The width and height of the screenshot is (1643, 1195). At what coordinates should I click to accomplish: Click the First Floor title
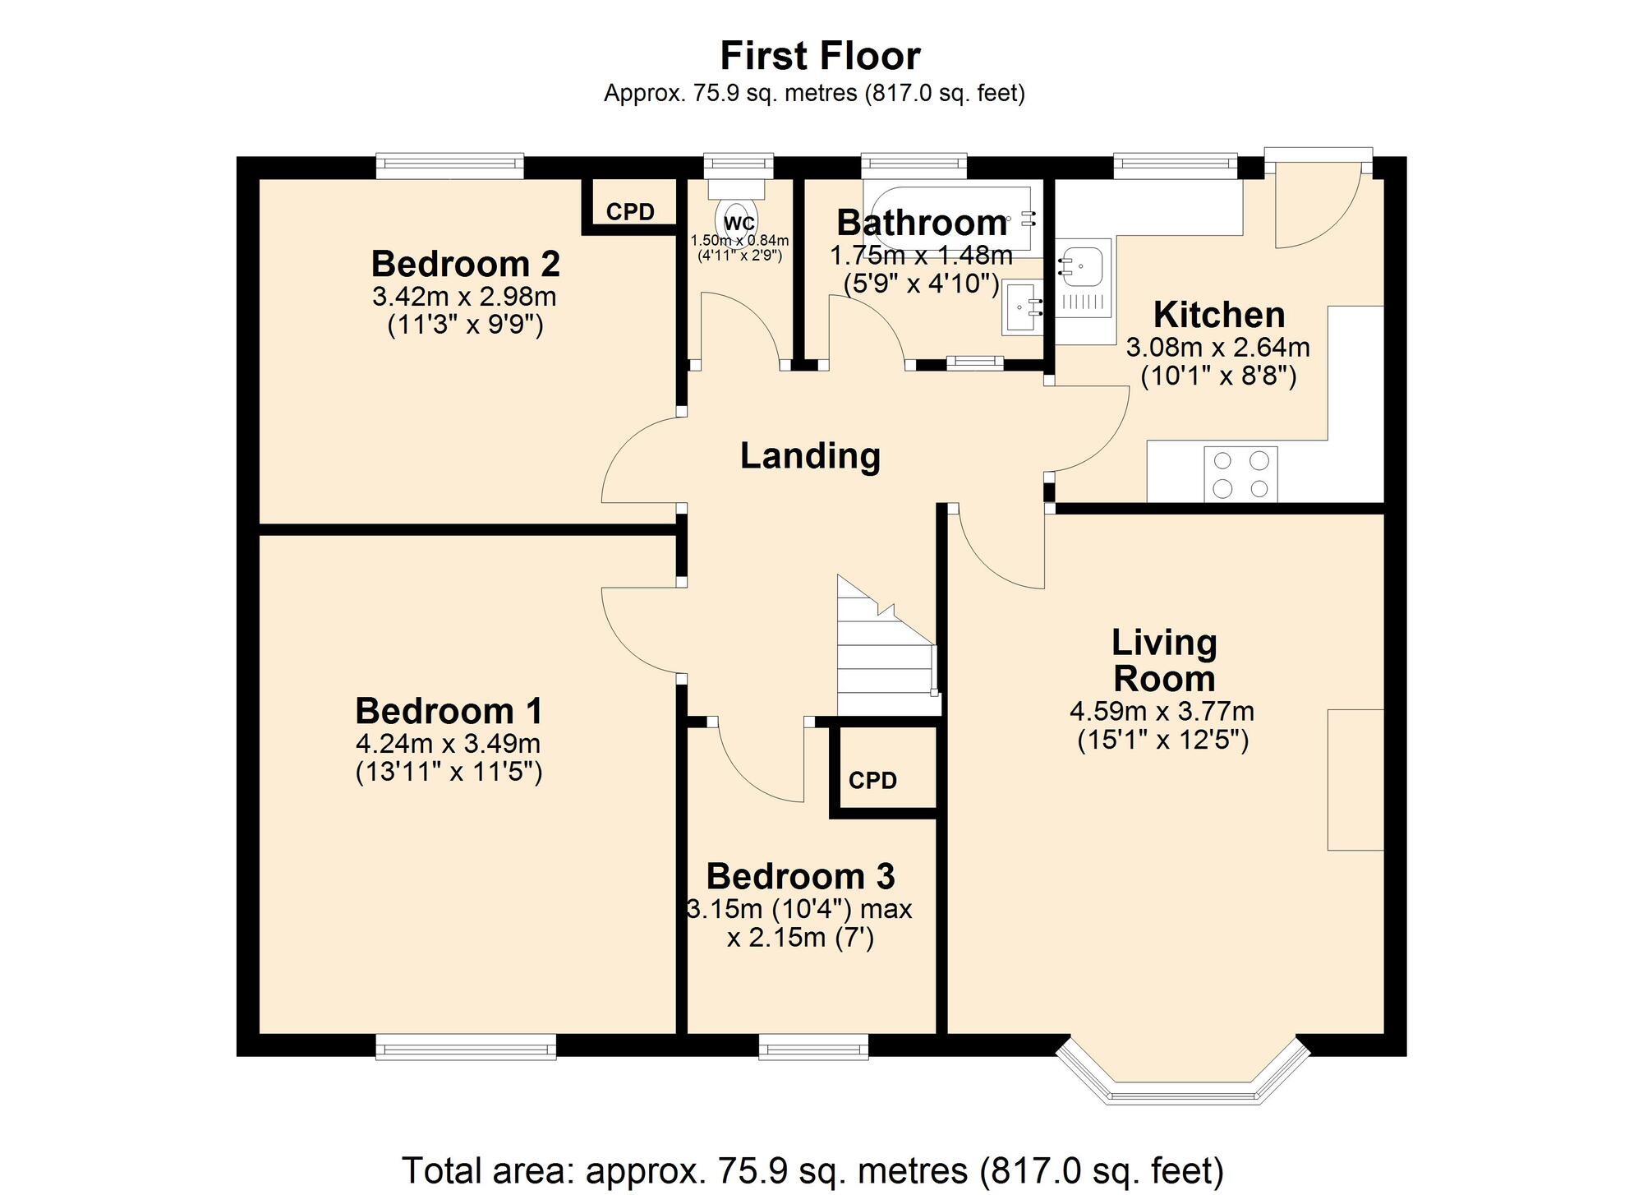(x=820, y=56)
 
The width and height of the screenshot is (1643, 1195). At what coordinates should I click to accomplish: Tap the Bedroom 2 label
(x=465, y=264)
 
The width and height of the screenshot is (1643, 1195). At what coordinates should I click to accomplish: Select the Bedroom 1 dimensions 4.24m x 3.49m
(x=448, y=744)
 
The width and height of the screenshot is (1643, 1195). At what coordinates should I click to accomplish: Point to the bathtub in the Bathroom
(x=950, y=219)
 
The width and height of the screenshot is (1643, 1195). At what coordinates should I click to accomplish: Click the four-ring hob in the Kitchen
(x=1240, y=474)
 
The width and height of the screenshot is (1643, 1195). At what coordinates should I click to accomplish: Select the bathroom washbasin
(x=1023, y=307)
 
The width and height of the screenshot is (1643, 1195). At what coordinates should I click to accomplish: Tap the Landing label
(x=810, y=455)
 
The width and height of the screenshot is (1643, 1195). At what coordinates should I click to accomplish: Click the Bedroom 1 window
(x=466, y=1046)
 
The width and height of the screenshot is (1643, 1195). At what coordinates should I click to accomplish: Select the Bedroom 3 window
(x=813, y=1046)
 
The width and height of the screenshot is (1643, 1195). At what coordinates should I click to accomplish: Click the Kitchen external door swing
(x=1314, y=205)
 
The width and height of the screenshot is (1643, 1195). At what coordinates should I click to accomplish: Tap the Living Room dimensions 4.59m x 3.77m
(x=1162, y=711)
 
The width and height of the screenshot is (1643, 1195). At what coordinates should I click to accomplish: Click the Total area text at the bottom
(x=812, y=1170)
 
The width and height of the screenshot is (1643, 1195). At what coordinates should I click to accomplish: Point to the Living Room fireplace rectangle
(x=1355, y=779)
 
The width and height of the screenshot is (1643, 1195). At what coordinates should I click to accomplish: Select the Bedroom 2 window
(x=450, y=165)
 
